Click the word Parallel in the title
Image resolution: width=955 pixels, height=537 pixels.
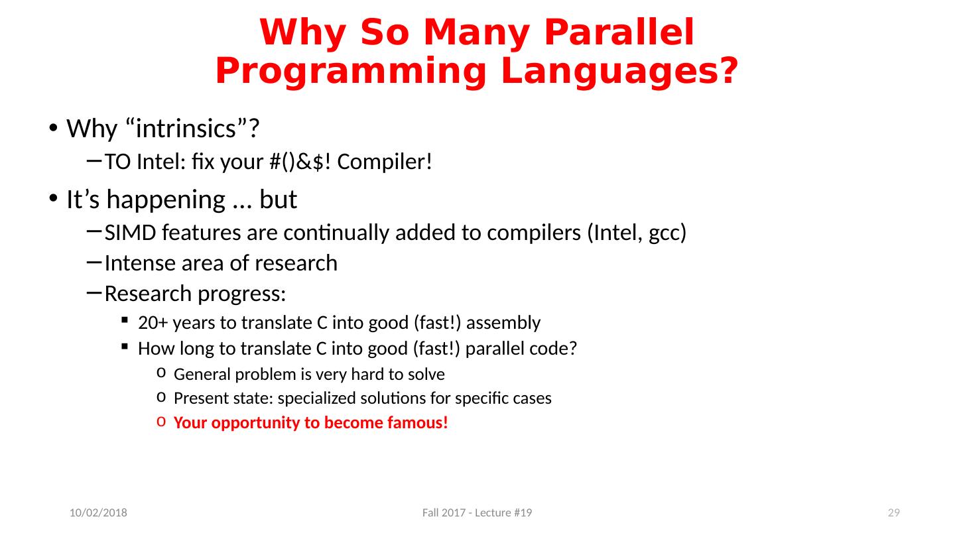point(619,32)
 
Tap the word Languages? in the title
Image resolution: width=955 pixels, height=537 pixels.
point(619,72)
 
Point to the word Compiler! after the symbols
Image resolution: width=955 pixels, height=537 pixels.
point(385,162)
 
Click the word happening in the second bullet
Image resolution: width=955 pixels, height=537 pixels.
point(166,200)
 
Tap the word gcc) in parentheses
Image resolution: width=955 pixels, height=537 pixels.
point(667,233)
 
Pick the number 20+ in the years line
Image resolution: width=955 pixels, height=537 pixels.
point(153,323)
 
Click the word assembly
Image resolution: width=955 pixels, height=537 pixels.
point(503,324)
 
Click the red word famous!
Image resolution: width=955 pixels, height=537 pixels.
point(418,423)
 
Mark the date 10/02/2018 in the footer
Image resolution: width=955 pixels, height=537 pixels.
point(98,512)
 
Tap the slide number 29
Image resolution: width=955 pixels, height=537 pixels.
point(893,512)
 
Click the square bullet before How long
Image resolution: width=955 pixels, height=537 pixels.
point(125,347)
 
